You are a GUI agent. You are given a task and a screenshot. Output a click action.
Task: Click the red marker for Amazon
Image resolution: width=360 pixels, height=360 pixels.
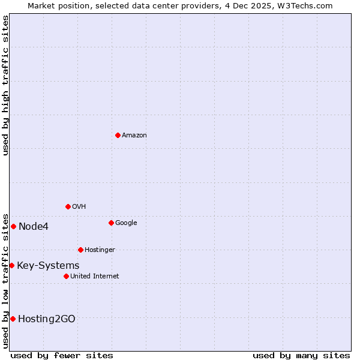[x=118, y=135]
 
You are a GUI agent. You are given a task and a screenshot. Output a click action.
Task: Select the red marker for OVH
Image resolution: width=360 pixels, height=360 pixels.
[x=68, y=206]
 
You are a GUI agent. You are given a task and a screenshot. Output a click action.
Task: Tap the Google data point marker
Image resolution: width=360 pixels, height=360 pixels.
[x=111, y=223]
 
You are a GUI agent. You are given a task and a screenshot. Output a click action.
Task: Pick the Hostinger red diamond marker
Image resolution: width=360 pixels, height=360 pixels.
[x=80, y=250]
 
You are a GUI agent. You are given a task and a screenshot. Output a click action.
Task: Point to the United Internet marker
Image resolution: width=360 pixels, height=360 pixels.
[x=66, y=276]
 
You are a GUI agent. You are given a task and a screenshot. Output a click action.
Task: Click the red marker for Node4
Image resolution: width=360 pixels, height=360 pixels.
[x=13, y=226]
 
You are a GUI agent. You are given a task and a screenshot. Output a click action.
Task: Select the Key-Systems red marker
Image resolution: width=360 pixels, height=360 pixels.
[x=11, y=265]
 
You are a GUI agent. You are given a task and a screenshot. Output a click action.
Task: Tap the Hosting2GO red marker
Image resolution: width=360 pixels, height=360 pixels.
[x=13, y=319]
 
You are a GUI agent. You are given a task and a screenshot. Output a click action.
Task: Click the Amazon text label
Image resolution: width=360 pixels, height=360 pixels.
[x=134, y=136]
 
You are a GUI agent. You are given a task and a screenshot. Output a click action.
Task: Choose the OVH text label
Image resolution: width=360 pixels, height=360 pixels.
[x=79, y=207]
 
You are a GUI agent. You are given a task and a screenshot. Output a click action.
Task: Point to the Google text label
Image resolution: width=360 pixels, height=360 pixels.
[x=126, y=223]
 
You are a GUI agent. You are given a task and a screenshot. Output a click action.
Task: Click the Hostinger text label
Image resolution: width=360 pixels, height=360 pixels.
[x=100, y=250]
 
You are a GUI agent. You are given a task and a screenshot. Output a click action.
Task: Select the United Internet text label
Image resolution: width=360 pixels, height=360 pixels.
[x=95, y=277]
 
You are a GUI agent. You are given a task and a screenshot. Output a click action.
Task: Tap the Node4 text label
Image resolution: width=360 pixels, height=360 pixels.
[x=34, y=227]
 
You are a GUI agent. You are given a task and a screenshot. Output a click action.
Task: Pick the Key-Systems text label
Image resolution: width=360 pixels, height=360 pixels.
[x=48, y=266]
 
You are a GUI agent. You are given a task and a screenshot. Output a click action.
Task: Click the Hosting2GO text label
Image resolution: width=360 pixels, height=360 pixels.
[x=47, y=319]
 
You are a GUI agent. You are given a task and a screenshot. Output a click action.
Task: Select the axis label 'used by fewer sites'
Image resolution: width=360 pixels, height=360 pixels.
[x=62, y=355]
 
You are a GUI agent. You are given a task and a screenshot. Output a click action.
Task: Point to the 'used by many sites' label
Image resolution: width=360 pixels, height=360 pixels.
[x=301, y=355]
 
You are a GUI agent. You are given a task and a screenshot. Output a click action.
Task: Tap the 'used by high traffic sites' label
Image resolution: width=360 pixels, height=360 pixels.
[x=5, y=85]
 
